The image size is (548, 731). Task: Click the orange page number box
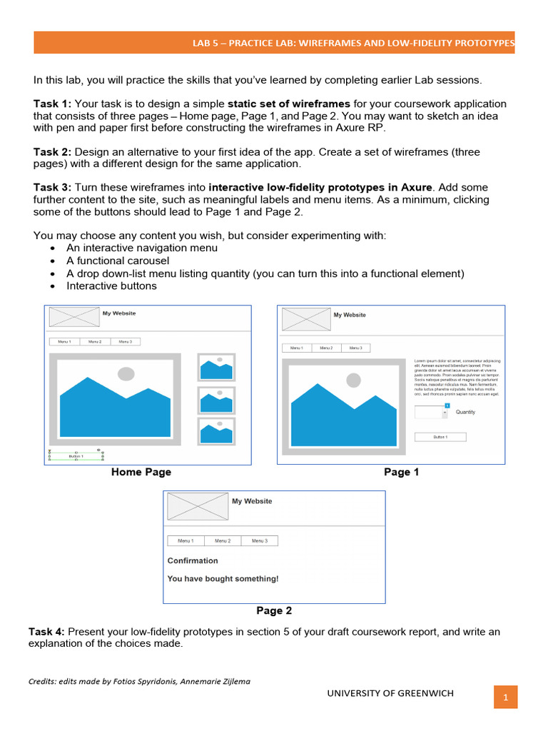(505, 697)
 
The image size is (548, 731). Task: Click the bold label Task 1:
(52, 104)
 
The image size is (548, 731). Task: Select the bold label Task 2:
(52, 152)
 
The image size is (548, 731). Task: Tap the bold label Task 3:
(52, 188)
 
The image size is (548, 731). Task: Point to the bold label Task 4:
(47, 632)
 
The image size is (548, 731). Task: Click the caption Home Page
(141, 472)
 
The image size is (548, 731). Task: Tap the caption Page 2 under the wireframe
(274, 611)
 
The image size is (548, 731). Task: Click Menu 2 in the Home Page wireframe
(95, 342)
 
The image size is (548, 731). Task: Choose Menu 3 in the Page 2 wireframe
(260, 541)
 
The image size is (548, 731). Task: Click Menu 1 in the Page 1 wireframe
(297, 348)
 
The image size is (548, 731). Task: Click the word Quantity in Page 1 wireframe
(465, 412)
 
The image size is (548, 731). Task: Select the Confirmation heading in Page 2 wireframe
(193, 561)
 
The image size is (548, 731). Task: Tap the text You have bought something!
(223, 579)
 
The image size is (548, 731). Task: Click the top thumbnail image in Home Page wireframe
(216, 368)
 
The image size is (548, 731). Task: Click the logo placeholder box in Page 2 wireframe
(197, 507)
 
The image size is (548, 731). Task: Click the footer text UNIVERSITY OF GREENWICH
(390, 693)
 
